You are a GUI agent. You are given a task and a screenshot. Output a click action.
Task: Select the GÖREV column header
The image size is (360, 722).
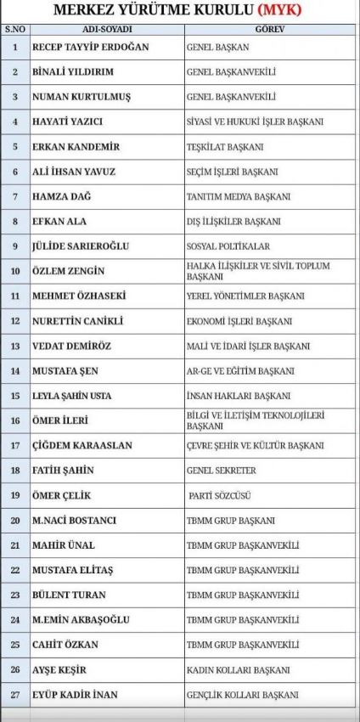click(x=270, y=29)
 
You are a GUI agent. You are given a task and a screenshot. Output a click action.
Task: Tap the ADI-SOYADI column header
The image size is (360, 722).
click(x=106, y=29)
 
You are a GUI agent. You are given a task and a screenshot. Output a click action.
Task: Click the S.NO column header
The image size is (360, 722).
click(x=14, y=29)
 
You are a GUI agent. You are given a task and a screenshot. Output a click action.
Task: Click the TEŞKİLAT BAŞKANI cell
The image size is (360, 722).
click(x=225, y=147)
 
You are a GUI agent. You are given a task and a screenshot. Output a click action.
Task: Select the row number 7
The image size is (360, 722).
click(x=14, y=196)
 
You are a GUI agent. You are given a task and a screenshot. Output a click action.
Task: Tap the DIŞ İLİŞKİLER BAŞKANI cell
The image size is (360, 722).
click(x=233, y=222)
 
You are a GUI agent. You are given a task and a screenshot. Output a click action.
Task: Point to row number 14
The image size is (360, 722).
click(x=14, y=371)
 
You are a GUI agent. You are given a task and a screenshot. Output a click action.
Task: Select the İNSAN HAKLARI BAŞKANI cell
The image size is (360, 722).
click(x=238, y=396)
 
